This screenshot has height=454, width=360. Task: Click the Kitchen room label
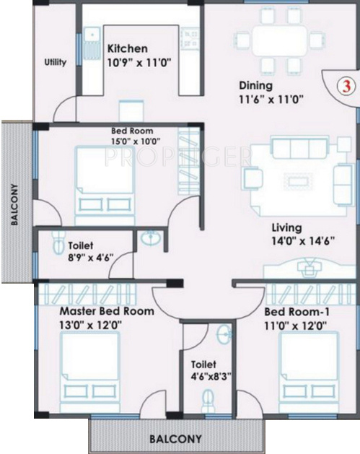pos(128,48)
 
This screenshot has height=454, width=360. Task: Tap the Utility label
pos(55,62)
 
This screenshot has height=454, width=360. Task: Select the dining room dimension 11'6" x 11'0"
pos(272,100)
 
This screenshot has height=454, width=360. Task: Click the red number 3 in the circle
pos(346,86)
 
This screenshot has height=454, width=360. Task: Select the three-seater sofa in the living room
pos(293,149)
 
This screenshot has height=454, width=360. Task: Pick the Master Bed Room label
pos(106,311)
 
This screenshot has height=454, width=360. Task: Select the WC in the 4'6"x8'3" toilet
pos(208,398)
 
